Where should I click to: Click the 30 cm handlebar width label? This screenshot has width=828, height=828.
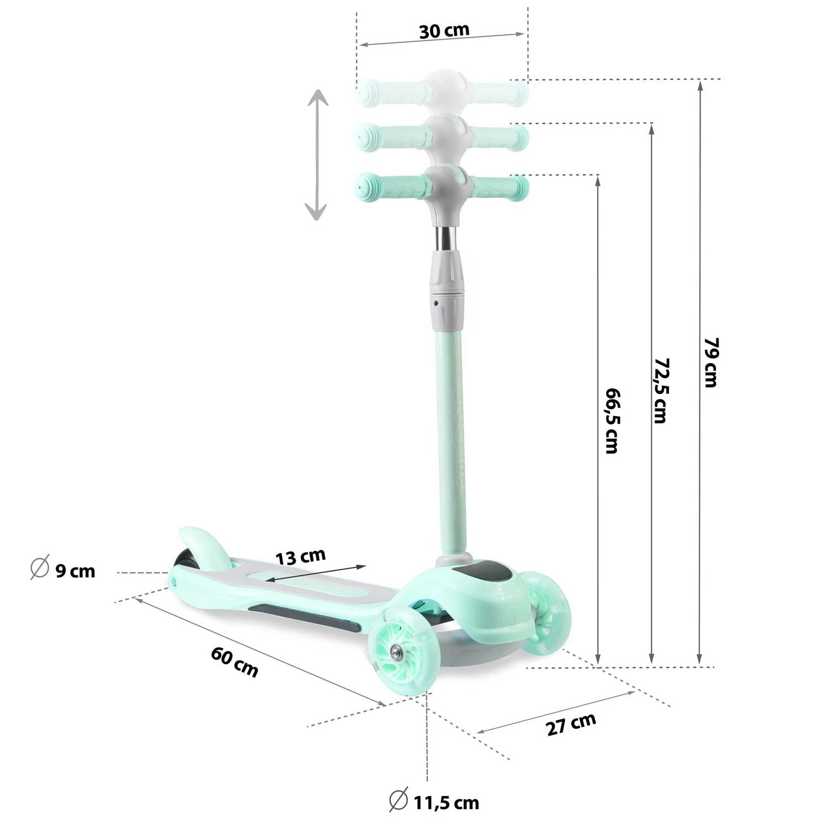pos(444,30)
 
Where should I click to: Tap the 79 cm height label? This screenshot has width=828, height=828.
pos(711,362)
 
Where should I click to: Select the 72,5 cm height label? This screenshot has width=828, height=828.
pos(661,390)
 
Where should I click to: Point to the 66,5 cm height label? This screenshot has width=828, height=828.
pos(612,420)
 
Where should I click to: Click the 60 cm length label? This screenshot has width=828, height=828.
pos(235,661)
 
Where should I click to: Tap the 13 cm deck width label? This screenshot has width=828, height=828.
pos(301,556)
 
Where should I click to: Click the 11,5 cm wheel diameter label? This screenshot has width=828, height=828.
pos(446,802)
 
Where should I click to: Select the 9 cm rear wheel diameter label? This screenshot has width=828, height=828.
pos(75,570)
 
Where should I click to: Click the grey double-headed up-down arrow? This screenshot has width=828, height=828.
pos(317,156)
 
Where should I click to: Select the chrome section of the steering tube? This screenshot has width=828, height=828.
pos(447,238)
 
